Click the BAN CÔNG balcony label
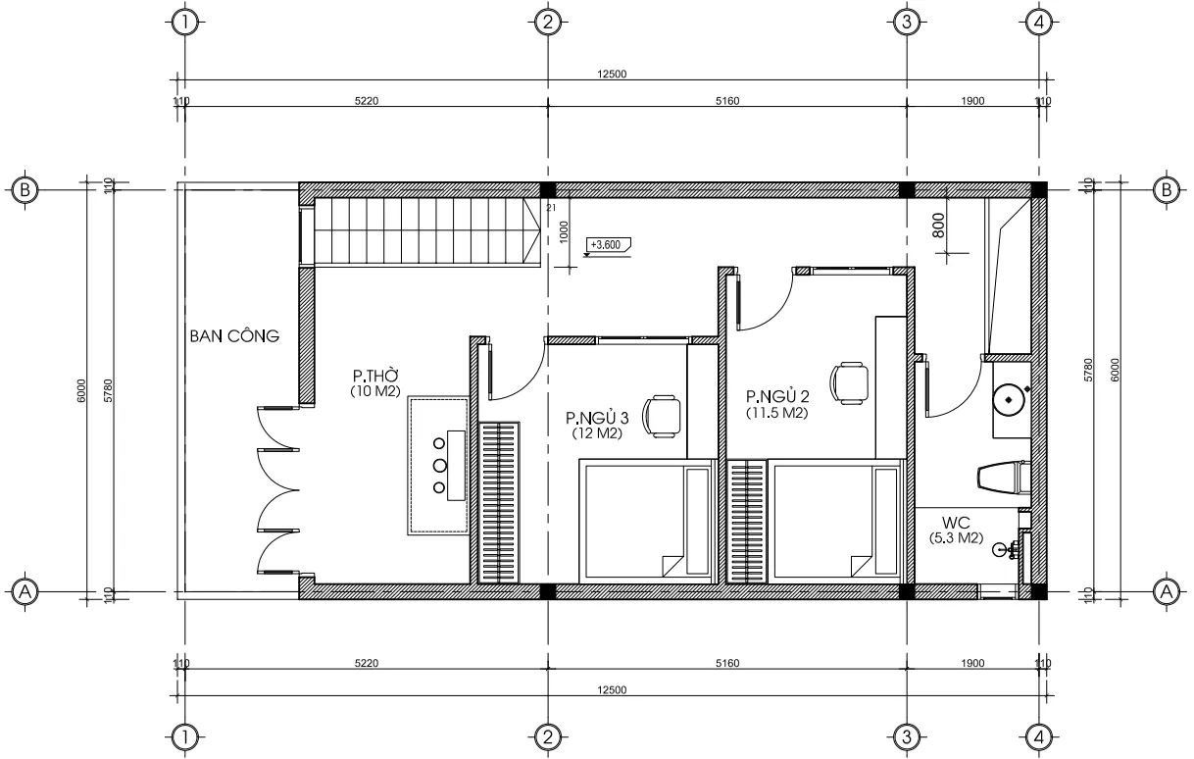click(x=234, y=336)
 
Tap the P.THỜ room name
click(x=375, y=376)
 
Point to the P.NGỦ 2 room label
click(x=776, y=397)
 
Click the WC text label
click(x=957, y=522)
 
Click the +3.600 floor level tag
click(x=607, y=245)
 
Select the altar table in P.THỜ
click(x=439, y=465)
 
